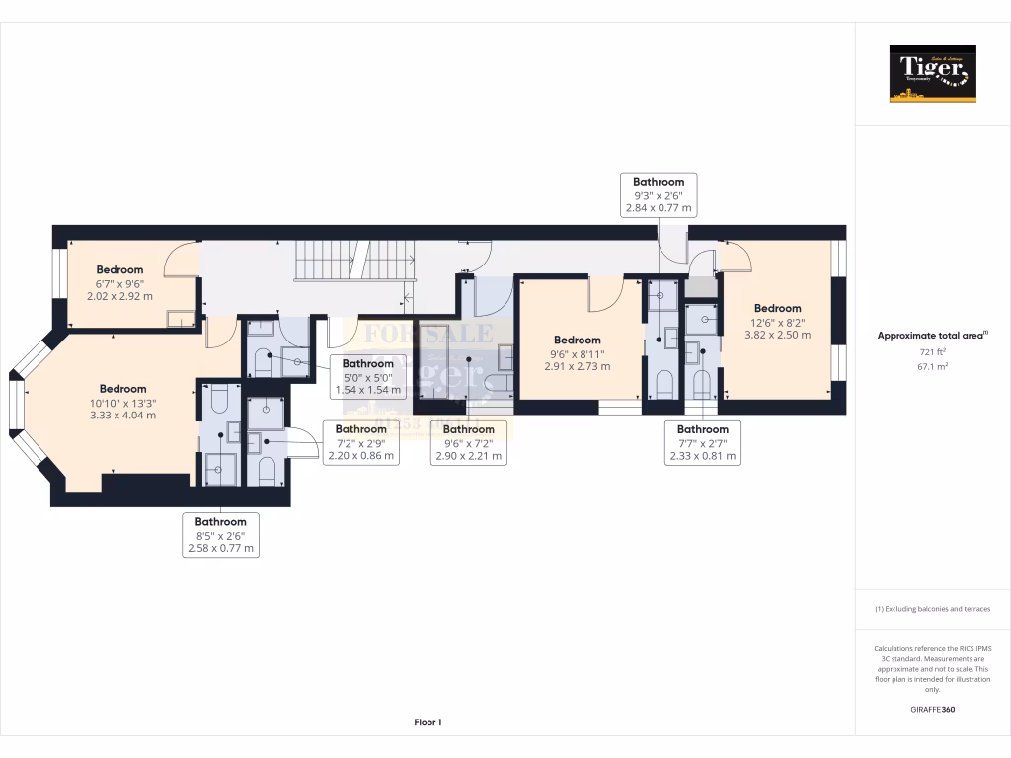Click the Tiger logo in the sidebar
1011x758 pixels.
(x=932, y=73)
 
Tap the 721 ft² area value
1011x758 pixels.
(x=932, y=351)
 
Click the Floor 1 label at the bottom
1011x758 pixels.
(x=428, y=722)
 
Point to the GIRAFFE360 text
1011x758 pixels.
(x=932, y=709)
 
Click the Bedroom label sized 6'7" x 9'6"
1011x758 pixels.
(x=119, y=282)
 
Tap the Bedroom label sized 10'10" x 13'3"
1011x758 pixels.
(x=122, y=402)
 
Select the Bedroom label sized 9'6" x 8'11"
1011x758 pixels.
(x=577, y=352)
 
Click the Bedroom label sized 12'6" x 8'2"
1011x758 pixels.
(x=778, y=321)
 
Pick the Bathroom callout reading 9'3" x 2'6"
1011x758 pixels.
(x=659, y=194)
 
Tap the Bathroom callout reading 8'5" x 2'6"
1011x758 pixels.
(x=220, y=534)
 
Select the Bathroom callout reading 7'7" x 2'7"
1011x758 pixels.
(x=703, y=442)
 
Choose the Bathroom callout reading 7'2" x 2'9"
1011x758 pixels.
(x=361, y=442)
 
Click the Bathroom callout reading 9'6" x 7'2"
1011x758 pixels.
(x=468, y=442)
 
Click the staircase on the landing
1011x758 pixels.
(x=355, y=262)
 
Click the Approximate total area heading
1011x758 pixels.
(x=932, y=336)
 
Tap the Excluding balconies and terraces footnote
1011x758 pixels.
(x=932, y=609)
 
